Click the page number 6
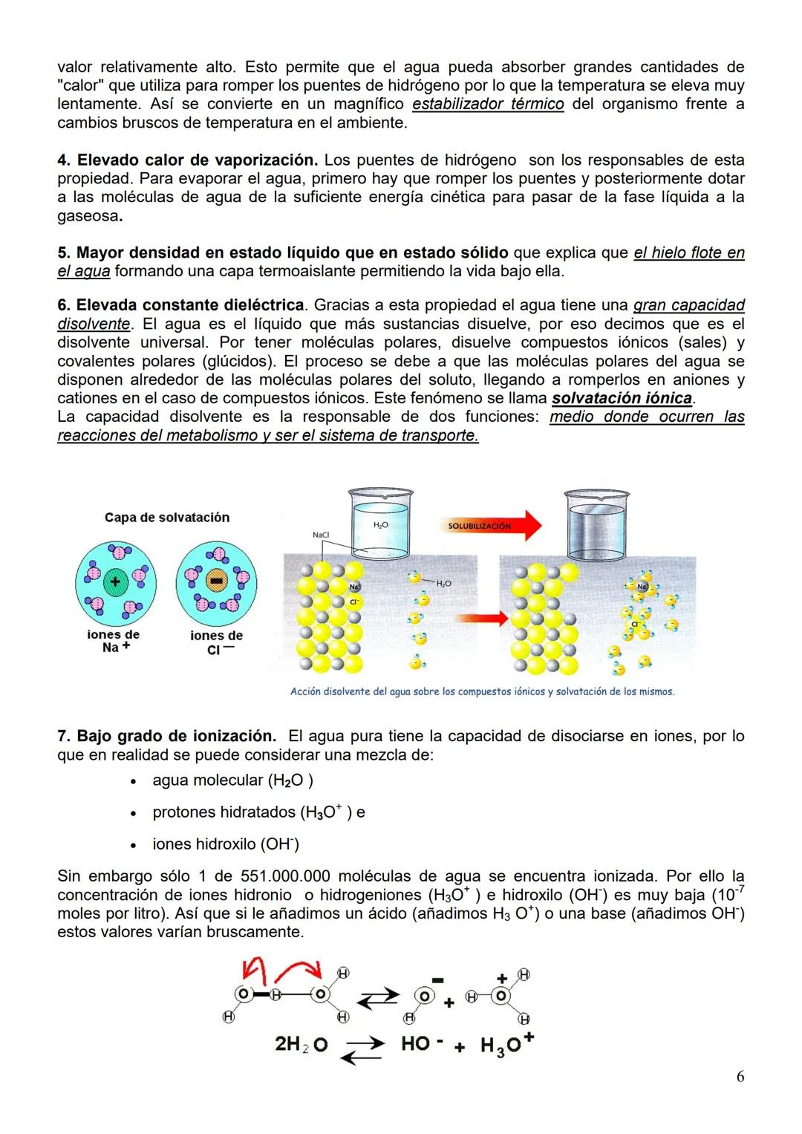[740, 1076]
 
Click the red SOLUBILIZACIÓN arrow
[490, 526]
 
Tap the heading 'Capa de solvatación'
[167, 518]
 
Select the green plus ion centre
[115, 581]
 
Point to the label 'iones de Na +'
[114, 641]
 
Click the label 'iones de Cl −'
[216, 642]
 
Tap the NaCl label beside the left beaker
[321, 535]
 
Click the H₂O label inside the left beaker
[380, 525]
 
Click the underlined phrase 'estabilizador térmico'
[488, 104]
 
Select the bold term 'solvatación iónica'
[622, 398]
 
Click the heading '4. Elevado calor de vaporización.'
[188, 160]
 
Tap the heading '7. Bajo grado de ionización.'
[167, 736]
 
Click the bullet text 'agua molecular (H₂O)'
[232, 781]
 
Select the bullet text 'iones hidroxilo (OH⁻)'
[226, 844]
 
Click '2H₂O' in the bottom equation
[301, 1044]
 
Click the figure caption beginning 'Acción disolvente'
[482, 691]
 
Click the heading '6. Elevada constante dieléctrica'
[181, 305]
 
